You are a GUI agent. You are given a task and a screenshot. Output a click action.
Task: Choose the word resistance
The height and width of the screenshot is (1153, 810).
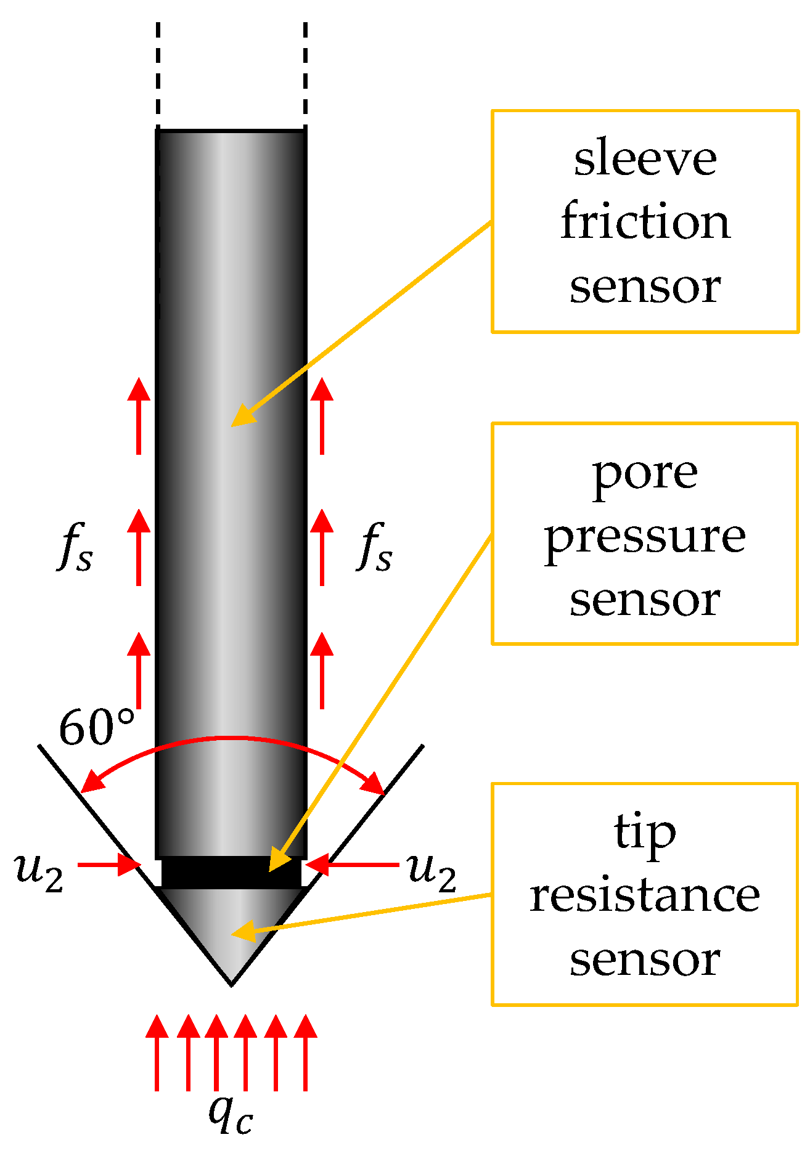pyautogui.click(x=645, y=895)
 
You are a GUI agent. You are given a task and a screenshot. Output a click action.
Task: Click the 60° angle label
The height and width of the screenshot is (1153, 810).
pyautogui.click(x=97, y=727)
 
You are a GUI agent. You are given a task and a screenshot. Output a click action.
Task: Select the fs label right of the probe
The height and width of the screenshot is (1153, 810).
pyautogui.click(x=375, y=547)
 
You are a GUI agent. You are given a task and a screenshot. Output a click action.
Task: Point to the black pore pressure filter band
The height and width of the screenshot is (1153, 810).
pyautogui.click(x=231, y=872)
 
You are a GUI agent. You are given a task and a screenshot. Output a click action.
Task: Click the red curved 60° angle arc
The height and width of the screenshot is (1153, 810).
pyautogui.click(x=231, y=738)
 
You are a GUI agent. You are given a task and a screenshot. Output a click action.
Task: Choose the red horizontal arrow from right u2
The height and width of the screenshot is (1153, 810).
pyautogui.click(x=353, y=865)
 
